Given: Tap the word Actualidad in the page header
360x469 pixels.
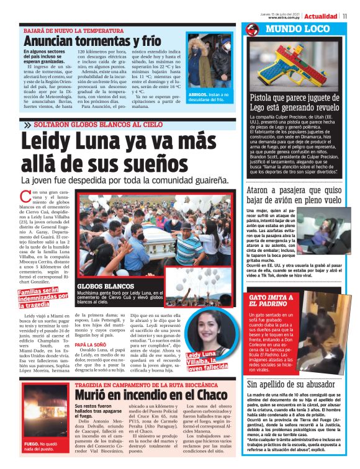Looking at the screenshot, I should [x=322, y=16].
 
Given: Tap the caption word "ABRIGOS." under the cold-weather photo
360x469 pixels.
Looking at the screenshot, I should [x=199, y=94].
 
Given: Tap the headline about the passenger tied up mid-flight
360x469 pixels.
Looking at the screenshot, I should [x=294, y=195].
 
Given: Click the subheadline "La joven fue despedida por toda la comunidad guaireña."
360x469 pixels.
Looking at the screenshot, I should [x=125, y=181].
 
